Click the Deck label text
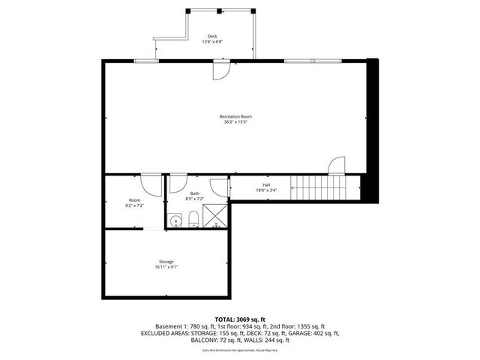[x=212, y=36]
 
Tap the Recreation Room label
[x=235, y=116]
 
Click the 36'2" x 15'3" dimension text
[x=235, y=122]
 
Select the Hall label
[x=265, y=184]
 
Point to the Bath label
[x=194, y=193]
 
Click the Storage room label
[x=166, y=261]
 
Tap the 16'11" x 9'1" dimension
[x=166, y=267]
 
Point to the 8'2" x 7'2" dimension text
[x=134, y=205]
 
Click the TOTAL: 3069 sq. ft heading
[x=239, y=319]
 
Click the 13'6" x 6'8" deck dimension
[x=212, y=42]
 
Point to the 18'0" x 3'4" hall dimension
[x=265, y=190]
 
